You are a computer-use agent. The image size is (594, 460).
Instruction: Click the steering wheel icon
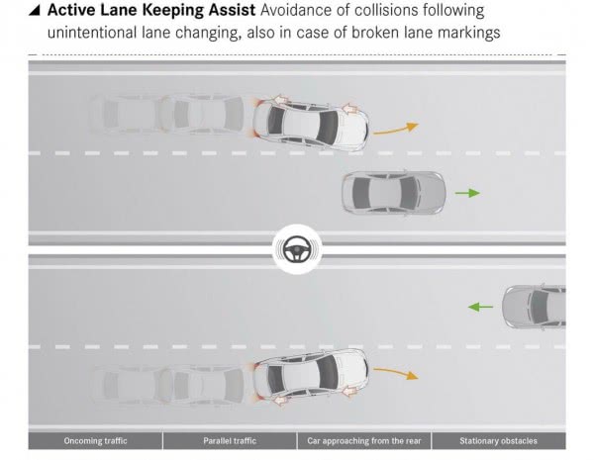click(x=297, y=249)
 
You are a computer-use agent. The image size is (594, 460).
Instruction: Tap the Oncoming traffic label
click(x=95, y=441)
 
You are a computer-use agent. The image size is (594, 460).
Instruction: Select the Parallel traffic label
click(x=230, y=441)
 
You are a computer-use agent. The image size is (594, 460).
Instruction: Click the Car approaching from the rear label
click(x=364, y=441)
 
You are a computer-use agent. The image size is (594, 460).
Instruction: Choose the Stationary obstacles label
click(x=498, y=441)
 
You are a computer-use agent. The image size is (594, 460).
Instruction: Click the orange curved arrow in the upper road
click(x=396, y=130)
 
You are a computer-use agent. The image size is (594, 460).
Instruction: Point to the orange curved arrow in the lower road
click(x=396, y=372)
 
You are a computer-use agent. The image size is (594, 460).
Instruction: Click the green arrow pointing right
click(x=467, y=193)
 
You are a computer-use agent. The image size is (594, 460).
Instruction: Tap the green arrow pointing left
click(x=481, y=307)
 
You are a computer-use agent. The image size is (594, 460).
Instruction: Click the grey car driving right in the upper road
click(x=394, y=193)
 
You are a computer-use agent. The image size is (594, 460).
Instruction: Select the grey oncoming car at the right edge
click(x=535, y=306)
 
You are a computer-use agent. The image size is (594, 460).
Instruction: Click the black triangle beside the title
click(x=35, y=11)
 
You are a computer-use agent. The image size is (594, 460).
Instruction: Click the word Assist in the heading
click(x=233, y=10)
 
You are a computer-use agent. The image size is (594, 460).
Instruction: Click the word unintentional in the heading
click(x=92, y=33)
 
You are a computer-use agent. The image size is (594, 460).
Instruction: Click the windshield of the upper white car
click(x=328, y=126)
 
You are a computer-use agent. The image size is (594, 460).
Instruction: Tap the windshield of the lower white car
click(x=327, y=372)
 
